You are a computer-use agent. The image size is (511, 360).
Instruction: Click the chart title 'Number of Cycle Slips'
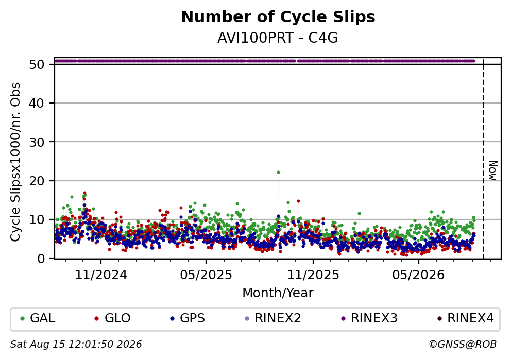click(x=278, y=17)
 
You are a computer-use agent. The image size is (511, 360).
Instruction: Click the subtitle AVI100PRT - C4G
click(x=278, y=38)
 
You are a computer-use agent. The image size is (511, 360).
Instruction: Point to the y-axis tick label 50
click(x=37, y=64)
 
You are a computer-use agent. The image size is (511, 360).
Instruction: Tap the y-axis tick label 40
click(x=37, y=104)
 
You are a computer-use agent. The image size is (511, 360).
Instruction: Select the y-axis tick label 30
click(x=37, y=142)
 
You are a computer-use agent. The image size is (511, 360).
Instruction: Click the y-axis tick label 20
click(x=37, y=181)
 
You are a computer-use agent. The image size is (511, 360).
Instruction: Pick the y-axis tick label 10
click(x=37, y=219)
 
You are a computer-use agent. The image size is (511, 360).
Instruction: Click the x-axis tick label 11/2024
click(x=101, y=275)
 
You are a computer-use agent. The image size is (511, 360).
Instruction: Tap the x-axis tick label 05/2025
click(x=206, y=275)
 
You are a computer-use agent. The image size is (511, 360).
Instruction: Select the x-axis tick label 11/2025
click(x=313, y=275)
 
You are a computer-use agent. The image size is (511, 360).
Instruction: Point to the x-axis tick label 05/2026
click(x=418, y=275)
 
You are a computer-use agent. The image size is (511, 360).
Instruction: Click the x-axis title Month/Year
click(x=278, y=293)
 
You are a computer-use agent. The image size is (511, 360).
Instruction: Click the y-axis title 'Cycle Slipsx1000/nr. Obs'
click(x=15, y=162)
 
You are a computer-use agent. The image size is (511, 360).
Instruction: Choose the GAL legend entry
click(x=38, y=318)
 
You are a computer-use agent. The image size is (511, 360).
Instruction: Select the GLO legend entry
click(x=112, y=318)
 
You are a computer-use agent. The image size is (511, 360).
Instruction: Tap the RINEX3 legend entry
click(x=369, y=318)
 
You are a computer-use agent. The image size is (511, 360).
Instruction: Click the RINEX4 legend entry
click(x=466, y=318)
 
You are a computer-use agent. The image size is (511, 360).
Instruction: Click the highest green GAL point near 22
click(x=278, y=173)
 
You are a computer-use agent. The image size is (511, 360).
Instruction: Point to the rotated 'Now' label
click(x=493, y=170)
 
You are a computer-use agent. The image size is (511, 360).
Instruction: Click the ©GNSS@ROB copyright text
click(x=463, y=344)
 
